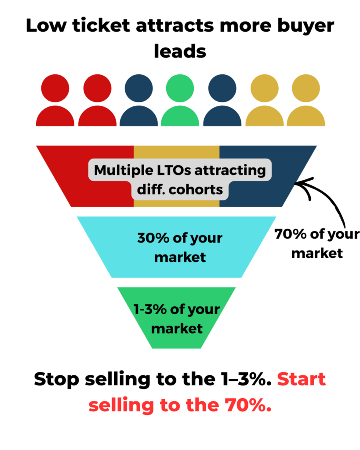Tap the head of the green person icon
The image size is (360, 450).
click(x=180, y=88)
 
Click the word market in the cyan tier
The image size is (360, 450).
click(x=180, y=257)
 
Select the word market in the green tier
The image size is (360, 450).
click(x=177, y=328)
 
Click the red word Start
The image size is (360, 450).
click(x=301, y=379)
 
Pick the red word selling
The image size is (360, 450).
click(x=121, y=405)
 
